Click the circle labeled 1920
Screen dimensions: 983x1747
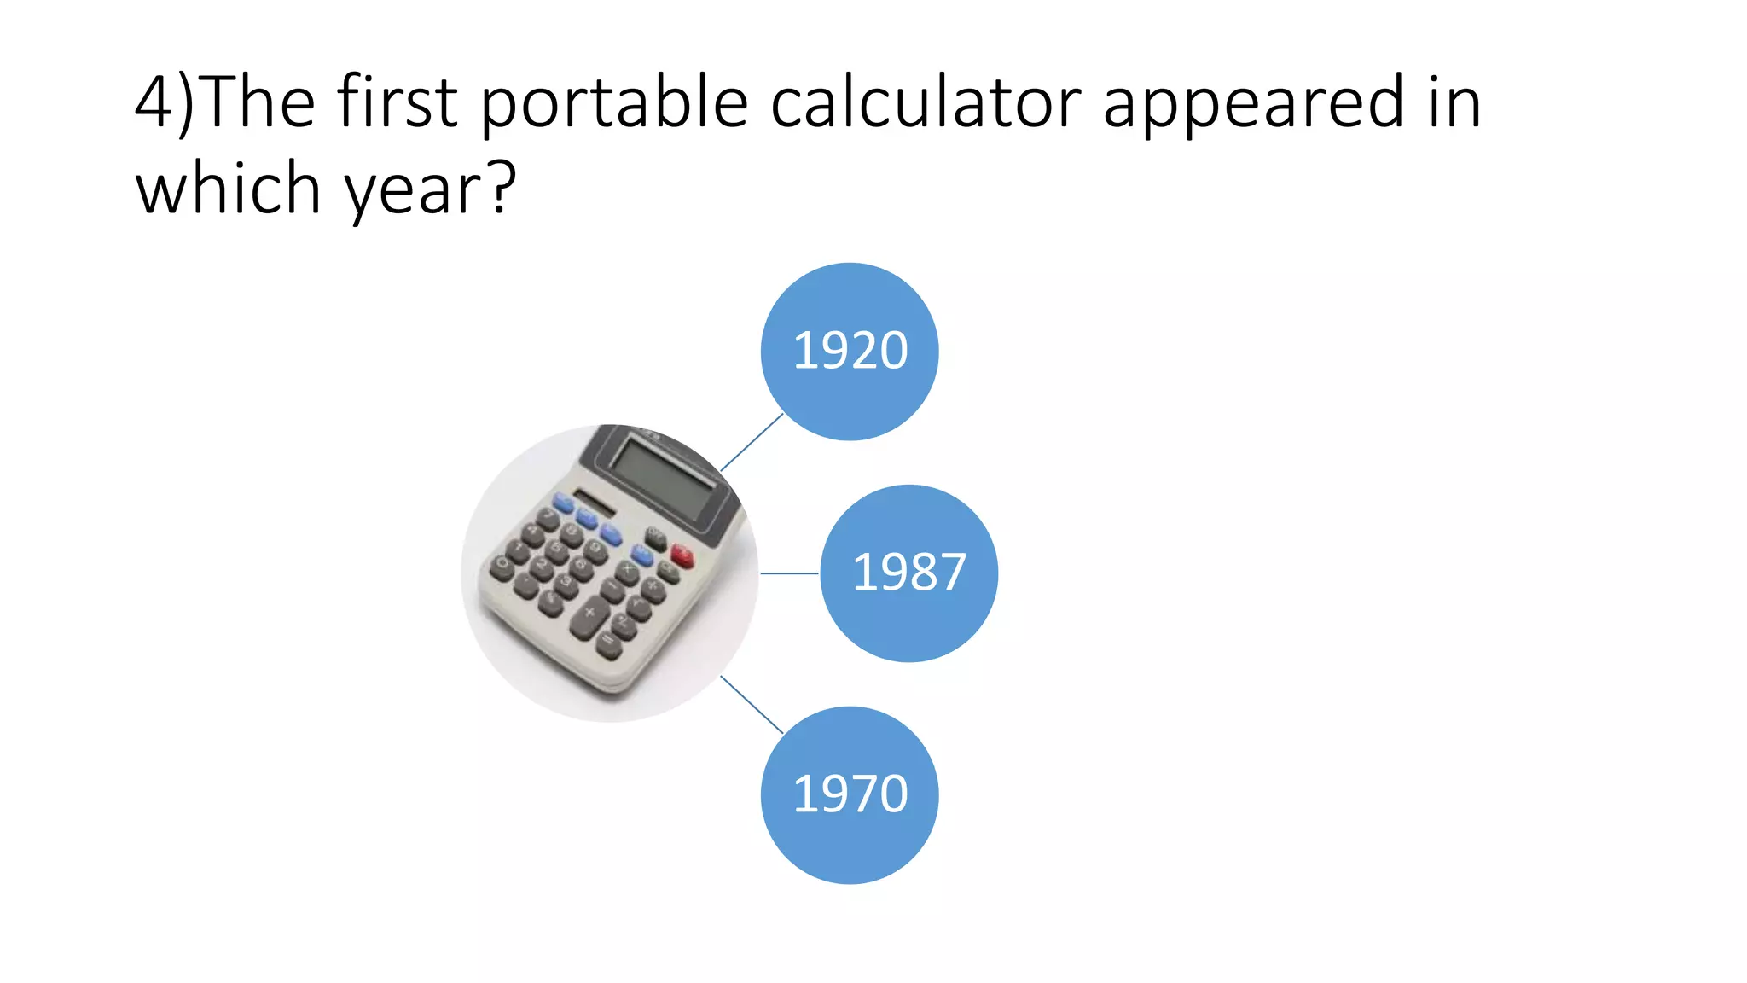point(850,352)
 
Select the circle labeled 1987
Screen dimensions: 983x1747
point(909,573)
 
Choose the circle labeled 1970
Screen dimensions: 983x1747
point(850,794)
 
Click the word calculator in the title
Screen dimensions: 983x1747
point(925,102)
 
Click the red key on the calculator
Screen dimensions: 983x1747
point(682,555)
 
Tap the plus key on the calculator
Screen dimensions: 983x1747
point(589,614)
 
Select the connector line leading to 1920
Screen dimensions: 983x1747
point(752,442)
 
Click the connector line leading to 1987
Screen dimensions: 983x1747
point(789,573)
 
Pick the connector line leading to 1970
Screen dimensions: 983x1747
point(752,705)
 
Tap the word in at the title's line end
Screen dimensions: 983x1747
point(1454,102)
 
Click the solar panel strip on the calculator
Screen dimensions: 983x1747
point(594,503)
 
